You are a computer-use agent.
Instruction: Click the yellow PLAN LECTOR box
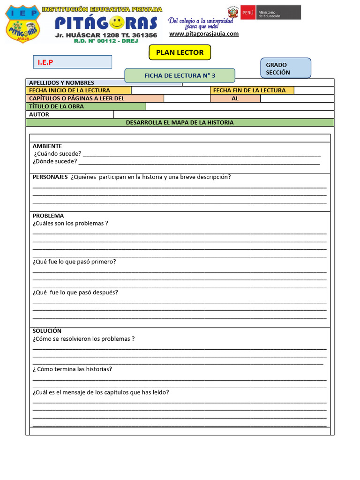pyautogui.click(x=180, y=52)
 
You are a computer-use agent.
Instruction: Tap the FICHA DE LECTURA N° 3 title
pyautogui.click(x=180, y=75)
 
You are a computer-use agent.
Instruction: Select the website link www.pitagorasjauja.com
pyautogui.click(x=204, y=34)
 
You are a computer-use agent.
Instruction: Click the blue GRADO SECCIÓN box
pyautogui.click(x=285, y=68)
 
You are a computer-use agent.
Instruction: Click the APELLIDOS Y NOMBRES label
pyautogui.click(x=61, y=83)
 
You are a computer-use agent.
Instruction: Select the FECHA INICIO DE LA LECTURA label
pyautogui.click(x=69, y=90)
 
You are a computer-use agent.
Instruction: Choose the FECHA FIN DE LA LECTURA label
pyautogui.click(x=249, y=90)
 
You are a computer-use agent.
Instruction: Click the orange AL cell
pyautogui.click(x=235, y=98)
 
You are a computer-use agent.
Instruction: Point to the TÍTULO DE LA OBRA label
pyautogui.click(x=56, y=106)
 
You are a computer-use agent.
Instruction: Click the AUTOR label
pyautogui.click(x=39, y=114)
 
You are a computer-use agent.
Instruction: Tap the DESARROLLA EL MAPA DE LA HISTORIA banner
pyautogui.click(x=180, y=122)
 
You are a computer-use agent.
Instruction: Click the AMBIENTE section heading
pyautogui.click(x=47, y=146)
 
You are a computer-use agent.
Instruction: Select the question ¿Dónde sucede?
pyautogui.click(x=54, y=161)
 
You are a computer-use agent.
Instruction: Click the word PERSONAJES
pyautogui.click(x=50, y=177)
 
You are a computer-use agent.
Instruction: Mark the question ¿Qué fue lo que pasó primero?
pyautogui.click(x=74, y=262)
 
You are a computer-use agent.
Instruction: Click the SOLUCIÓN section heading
pyautogui.click(x=47, y=331)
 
